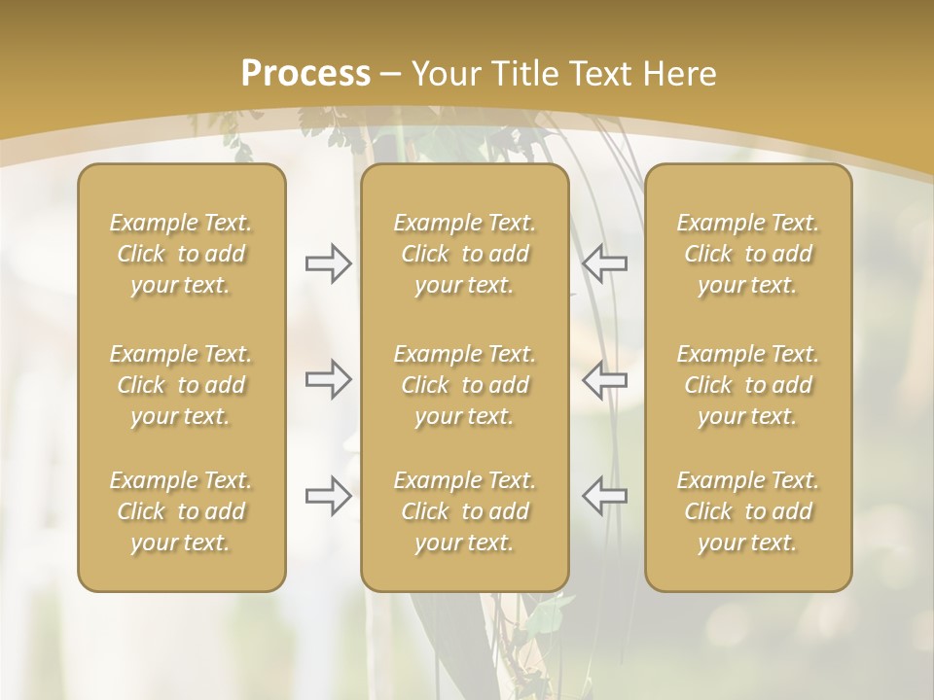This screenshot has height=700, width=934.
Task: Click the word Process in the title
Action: (x=305, y=74)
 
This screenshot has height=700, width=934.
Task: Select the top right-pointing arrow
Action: (x=328, y=263)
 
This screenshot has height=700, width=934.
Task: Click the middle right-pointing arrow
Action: (x=328, y=379)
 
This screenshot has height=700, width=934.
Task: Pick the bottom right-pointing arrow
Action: (x=328, y=495)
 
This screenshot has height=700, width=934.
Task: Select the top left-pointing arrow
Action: (x=604, y=263)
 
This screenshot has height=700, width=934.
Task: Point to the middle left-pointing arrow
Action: (x=604, y=379)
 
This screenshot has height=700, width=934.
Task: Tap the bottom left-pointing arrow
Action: (x=604, y=495)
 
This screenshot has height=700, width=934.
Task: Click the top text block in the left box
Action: (x=181, y=254)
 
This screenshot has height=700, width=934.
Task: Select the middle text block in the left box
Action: (x=181, y=385)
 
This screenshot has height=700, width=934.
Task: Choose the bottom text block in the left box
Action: (x=181, y=511)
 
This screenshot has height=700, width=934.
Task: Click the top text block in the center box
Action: (x=464, y=254)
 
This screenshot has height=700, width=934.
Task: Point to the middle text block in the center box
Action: (x=464, y=385)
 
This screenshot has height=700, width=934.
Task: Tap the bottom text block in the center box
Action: (x=464, y=511)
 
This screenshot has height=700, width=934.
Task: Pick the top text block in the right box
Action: (x=747, y=254)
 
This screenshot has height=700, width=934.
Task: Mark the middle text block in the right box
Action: (x=747, y=385)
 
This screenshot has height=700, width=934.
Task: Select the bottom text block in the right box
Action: (x=747, y=511)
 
